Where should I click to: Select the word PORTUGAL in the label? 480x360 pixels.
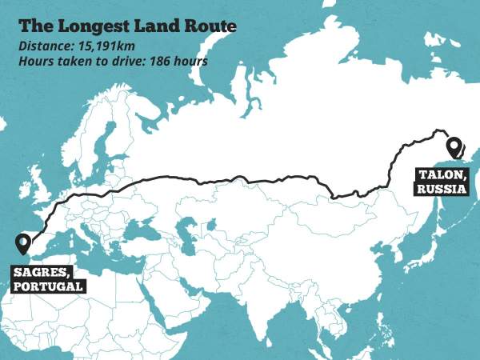coord(48,286)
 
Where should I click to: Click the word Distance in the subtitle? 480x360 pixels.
coord(45,46)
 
